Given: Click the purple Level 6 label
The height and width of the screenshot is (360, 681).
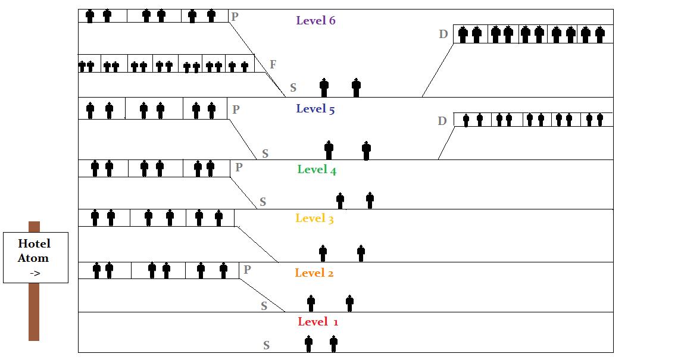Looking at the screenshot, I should [315, 21].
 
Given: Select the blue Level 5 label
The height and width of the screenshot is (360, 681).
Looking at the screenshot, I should [315, 109].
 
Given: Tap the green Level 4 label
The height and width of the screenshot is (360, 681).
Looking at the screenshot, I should [317, 170].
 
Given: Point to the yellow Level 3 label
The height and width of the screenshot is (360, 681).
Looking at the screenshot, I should [314, 218].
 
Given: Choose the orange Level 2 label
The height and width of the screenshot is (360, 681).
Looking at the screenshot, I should [314, 273].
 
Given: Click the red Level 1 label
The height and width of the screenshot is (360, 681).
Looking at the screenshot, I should [318, 322].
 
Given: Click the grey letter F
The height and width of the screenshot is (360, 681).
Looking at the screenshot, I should [273, 64].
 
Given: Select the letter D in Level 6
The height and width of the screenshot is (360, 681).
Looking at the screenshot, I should [443, 35].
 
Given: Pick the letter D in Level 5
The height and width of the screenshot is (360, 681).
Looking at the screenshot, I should [442, 121].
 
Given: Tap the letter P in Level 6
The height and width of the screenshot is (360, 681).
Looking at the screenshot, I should [235, 17].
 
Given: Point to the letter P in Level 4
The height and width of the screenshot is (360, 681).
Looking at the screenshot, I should [239, 168].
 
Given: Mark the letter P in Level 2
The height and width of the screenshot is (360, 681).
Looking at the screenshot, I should [247, 270].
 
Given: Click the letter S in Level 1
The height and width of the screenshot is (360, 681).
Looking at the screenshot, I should [266, 345].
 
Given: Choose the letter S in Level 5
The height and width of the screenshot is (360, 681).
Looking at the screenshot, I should [265, 154].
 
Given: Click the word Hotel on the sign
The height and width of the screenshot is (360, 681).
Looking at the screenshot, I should [34, 243].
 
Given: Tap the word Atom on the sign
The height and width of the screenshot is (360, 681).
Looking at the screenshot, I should [33, 258].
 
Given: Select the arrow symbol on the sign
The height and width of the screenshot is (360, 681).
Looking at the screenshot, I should [35, 273].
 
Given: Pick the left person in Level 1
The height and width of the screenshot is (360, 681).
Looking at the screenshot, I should [308, 343].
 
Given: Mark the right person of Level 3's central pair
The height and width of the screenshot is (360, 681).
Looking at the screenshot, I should [361, 252].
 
